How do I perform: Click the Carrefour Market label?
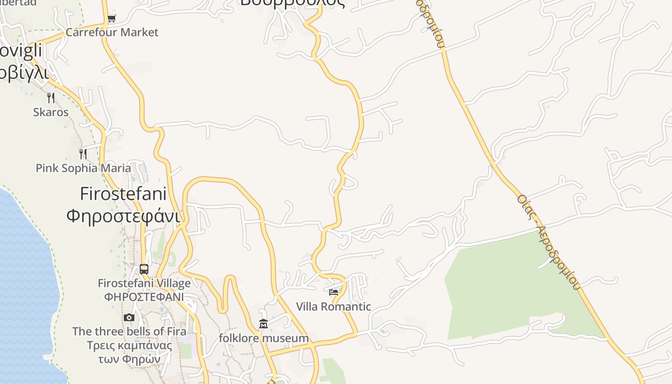click(112, 33)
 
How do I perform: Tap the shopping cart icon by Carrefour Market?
click(111, 19)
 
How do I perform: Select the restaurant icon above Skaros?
click(51, 98)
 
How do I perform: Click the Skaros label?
click(51, 112)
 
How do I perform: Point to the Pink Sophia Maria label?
click(83, 168)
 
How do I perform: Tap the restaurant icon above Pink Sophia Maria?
click(83, 154)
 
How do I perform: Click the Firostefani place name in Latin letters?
click(123, 194)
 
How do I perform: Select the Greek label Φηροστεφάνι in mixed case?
click(123, 216)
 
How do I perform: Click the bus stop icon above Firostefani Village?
click(144, 269)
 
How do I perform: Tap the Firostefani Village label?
click(144, 283)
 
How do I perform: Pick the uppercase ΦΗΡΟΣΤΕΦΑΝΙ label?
click(144, 297)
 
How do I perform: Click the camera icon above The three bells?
click(129, 318)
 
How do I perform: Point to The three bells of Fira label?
click(129, 331)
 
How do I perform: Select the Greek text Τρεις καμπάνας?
click(129, 346)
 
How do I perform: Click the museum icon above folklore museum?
click(264, 324)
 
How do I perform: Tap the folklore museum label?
click(264, 338)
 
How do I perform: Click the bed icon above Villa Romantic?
click(334, 292)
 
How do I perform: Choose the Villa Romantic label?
click(334, 307)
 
